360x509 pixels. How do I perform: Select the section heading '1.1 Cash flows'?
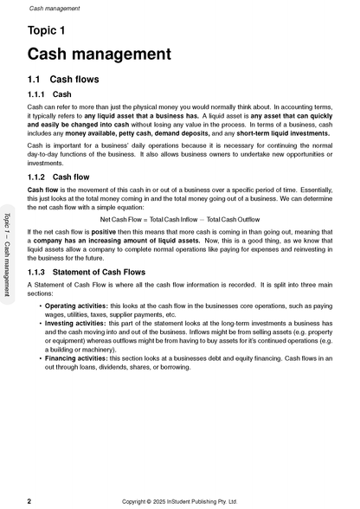(64, 80)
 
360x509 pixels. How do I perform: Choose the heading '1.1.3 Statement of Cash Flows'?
(87, 272)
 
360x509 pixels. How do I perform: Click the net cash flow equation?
(180, 220)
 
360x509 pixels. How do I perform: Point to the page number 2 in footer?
(30, 500)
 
